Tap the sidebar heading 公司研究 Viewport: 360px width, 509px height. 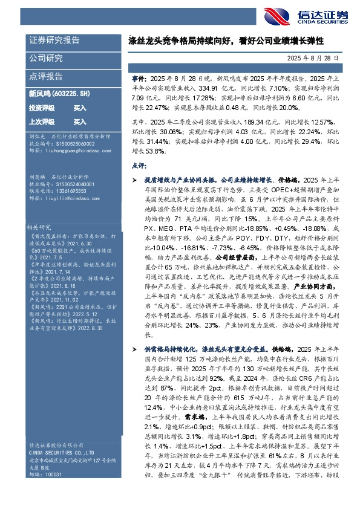click(46, 58)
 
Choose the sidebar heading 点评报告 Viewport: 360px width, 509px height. click(46, 76)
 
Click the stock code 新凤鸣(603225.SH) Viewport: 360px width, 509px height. click(59, 94)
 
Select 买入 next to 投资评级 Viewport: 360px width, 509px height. click(80, 108)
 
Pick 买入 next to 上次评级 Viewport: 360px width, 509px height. click(80, 122)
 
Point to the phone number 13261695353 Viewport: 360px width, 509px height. click(67, 190)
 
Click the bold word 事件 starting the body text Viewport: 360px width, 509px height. click(139, 79)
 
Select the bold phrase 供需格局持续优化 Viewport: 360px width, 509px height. click(170, 349)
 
